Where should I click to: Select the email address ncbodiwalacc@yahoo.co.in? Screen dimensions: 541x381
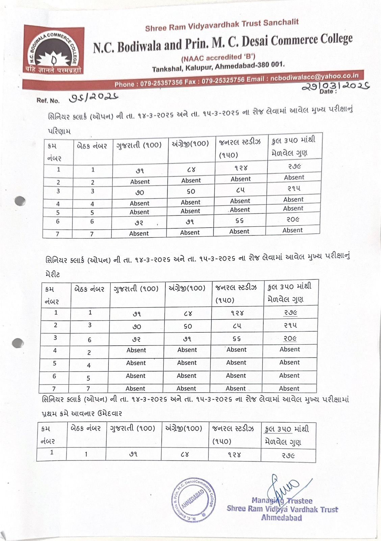point(314,77)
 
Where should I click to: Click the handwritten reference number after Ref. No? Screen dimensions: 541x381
point(93,98)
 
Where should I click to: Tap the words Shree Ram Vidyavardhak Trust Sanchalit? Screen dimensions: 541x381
point(222,25)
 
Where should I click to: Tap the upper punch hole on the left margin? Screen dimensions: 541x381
point(20,201)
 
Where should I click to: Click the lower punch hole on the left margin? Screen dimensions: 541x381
point(18,343)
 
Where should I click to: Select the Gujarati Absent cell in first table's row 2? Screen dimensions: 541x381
point(140,182)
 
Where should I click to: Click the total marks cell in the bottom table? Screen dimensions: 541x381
point(288,455)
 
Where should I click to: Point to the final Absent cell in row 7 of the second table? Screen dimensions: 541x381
point(289,389)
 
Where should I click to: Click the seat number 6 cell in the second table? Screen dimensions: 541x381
point(90,340)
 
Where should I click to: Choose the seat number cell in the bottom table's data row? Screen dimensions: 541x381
point(86,454)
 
